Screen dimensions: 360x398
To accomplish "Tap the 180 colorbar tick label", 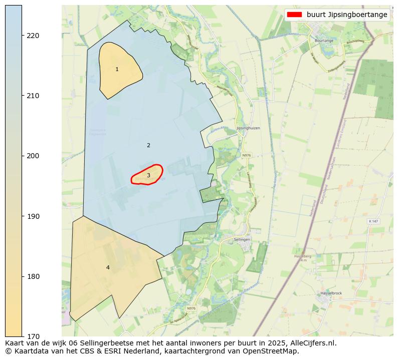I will [33, 276].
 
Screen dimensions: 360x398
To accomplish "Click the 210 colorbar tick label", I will [33, 96].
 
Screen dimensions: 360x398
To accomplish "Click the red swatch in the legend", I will [295, 15].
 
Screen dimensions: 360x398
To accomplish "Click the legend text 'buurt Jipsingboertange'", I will [347, 15].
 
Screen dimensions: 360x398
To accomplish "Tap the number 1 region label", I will [117, 70].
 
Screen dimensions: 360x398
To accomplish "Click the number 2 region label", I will [148, 146].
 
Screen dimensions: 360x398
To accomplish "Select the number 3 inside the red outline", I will [148, 175].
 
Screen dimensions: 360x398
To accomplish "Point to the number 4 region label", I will [108, 268].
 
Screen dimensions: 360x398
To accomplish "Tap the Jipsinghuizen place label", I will [248, 128].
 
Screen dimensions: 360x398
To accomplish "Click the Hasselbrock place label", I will [331, 293].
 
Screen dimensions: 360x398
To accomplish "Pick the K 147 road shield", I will [372, 221].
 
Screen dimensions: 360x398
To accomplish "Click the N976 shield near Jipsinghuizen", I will [246, 156].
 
